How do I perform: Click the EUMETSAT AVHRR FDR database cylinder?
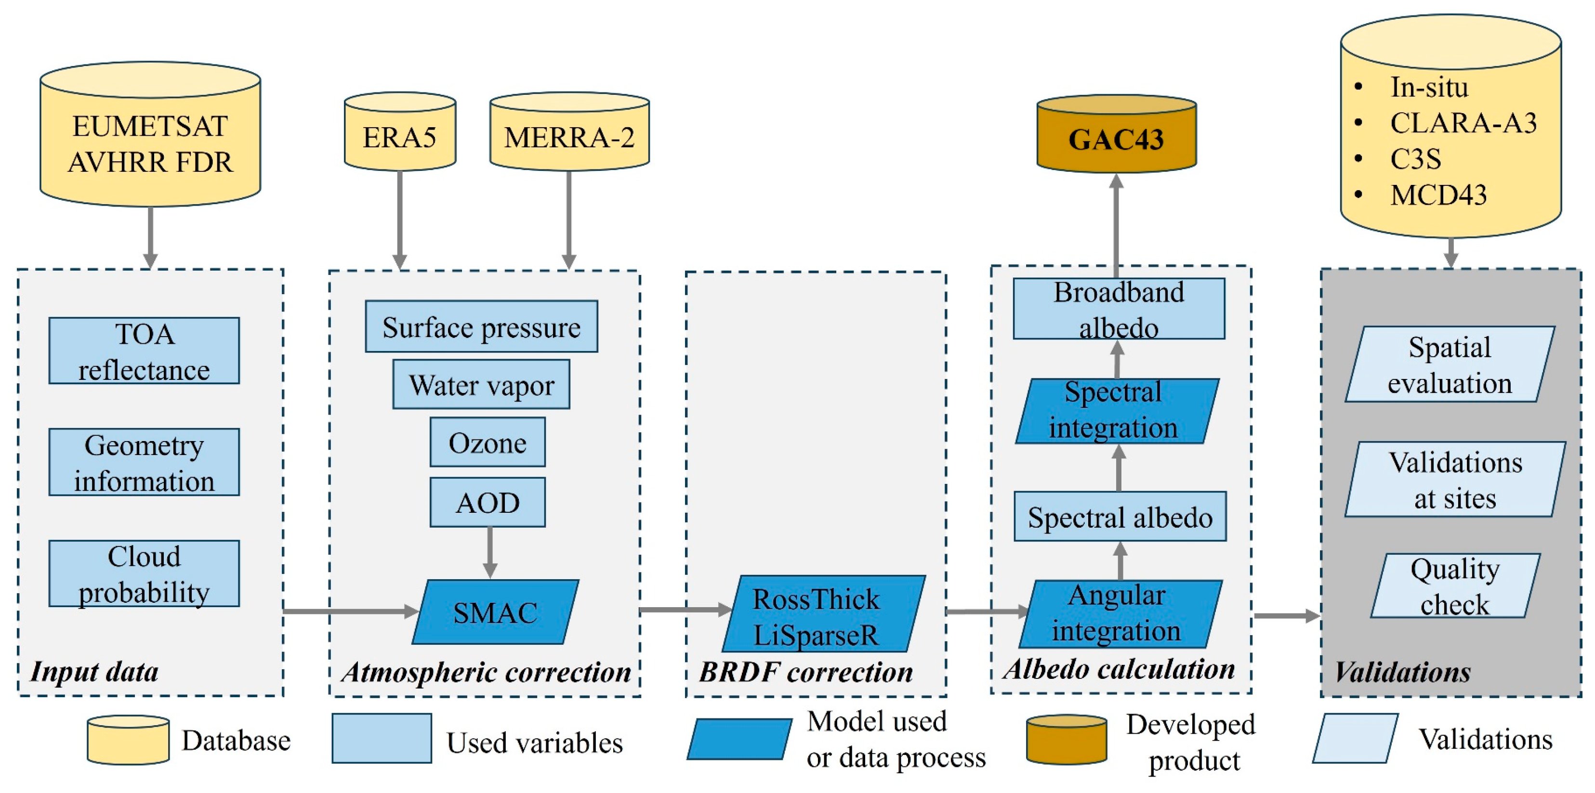[150, 143]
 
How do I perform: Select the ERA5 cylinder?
[400, 136]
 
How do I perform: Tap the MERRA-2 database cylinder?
[569, 136]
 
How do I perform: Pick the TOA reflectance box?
[144, 351]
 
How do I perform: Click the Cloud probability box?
[144, 573]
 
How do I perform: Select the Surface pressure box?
[481, 326]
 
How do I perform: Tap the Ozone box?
[488, 442]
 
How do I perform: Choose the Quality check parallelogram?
[1455, 585]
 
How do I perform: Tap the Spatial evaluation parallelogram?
[1450, 364]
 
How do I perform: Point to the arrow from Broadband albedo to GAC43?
[1116, 226]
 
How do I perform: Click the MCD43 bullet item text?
[1438, 195]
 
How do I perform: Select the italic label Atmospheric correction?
[486, 672]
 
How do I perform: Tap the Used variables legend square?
[382, 738]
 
